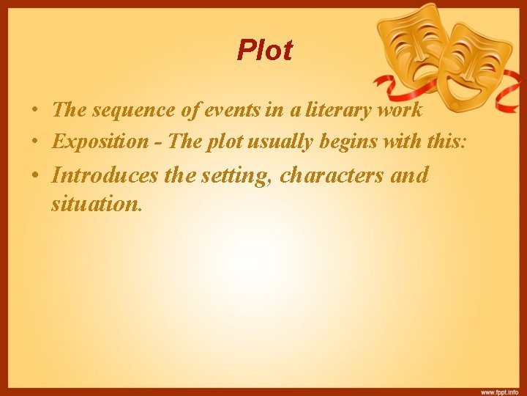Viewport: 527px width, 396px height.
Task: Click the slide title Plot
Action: (x=264, y=51)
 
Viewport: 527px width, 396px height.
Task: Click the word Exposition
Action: (x=99, y=141)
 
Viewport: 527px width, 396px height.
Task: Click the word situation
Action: (x=95, y=203)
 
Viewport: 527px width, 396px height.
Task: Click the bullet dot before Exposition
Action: (x=35, y=142)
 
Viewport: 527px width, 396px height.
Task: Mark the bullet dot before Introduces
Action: (x=35, y=177)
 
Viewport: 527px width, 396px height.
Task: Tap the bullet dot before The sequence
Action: (x=35, y=111)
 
